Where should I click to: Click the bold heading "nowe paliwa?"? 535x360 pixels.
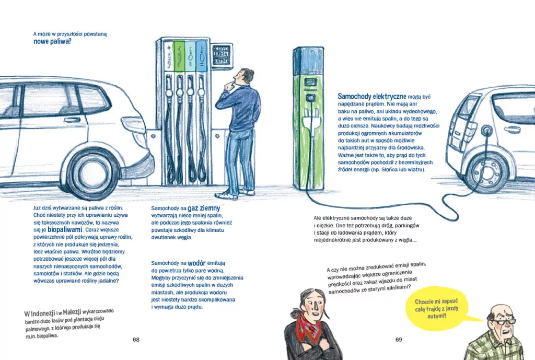coord(52,42)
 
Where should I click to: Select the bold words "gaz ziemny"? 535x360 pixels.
coord(204,208)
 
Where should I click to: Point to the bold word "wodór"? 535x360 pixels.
coord(196,263)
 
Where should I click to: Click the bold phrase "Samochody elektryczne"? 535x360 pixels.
coord(372,97)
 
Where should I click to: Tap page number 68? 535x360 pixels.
coord(136,340)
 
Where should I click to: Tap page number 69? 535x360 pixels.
coord(399,340)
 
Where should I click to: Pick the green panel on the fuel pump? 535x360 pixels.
coord(179,56)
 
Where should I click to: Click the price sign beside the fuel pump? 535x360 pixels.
coord(222,54)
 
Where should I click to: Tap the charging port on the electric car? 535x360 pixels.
coord(486,130)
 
